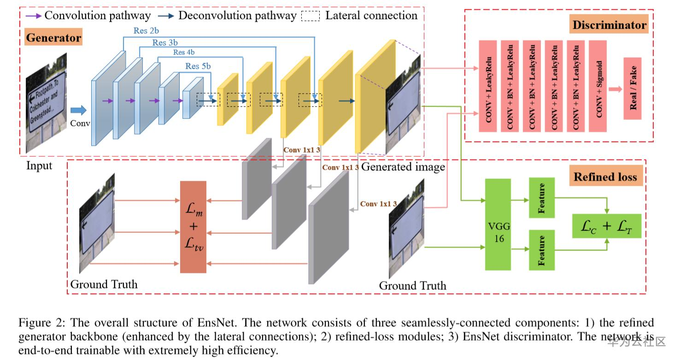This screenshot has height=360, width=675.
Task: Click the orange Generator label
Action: coord(53,37)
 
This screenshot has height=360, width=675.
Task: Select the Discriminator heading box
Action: coord(609,25)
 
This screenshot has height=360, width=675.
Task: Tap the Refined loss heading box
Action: coord(605,177)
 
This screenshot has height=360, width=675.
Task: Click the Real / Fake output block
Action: coord(632,89)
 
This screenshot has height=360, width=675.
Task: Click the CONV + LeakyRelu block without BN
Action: coord(488,86)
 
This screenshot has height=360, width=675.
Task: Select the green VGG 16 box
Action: coord(498,224)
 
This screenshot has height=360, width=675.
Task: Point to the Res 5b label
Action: coord(198,66)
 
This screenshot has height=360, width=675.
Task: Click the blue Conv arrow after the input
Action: coord(78,110)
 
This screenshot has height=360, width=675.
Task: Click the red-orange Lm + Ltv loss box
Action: coord(194,227)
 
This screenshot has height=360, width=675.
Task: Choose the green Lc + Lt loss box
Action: coord(606,226)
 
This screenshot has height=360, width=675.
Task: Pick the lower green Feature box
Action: coord(541,250)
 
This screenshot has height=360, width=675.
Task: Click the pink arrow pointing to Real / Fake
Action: coord(615,89)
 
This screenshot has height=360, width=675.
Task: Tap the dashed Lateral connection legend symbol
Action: coord(310,16)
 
